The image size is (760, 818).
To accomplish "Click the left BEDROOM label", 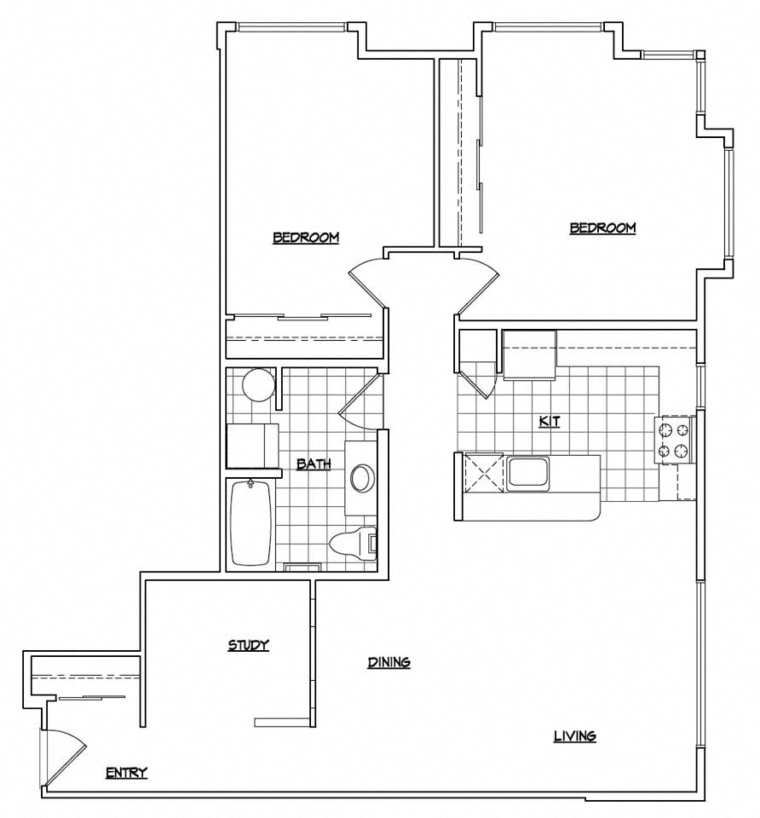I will (x=306, y=238).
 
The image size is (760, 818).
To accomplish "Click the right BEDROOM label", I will (x=602, y=228).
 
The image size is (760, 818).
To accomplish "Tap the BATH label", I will (x=314, y=464).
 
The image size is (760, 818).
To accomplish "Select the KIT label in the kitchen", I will (x=549, y=421).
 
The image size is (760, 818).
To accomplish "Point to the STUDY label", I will (x=248, y=645).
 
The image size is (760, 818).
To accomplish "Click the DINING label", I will (x=389, y=662).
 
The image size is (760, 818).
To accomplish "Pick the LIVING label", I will (x=574, y=736).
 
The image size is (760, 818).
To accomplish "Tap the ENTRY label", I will (x=126, y=773).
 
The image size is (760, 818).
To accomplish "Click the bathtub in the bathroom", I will (x=251, y=523).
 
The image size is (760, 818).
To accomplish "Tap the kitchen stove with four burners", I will (x=673, y=440).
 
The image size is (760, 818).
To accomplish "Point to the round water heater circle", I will (x=259, y=385).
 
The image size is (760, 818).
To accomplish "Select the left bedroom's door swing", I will (x=368, y=281).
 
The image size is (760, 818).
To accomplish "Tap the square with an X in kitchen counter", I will (x=482, y=474).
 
